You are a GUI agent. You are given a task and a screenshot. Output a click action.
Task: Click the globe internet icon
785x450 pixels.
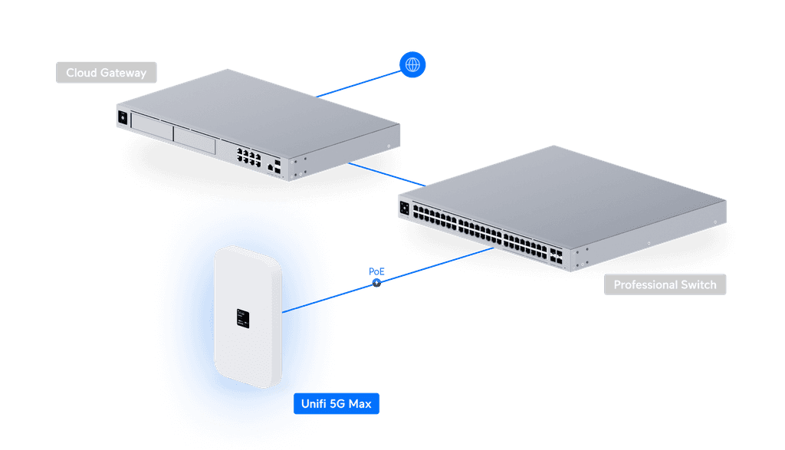(412, 65)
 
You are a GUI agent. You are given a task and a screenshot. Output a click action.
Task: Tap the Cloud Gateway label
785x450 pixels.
(106, 73)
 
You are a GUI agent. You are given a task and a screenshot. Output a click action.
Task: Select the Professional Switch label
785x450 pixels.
(665, 285)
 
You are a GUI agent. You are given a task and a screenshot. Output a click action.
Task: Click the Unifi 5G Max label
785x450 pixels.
(337, 403)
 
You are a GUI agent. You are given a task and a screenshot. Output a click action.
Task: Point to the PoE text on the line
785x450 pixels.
(376, 272)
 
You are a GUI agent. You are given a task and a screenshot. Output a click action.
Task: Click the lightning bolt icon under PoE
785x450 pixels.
(376, 284)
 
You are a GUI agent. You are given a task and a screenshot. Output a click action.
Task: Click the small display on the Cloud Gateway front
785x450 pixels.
(121, 118)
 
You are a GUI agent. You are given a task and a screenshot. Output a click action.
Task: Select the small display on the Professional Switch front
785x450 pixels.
(405, 206)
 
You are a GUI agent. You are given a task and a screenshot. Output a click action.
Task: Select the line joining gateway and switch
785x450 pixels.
(387, 174)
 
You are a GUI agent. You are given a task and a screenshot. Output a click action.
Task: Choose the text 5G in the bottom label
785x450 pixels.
(337, 403)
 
